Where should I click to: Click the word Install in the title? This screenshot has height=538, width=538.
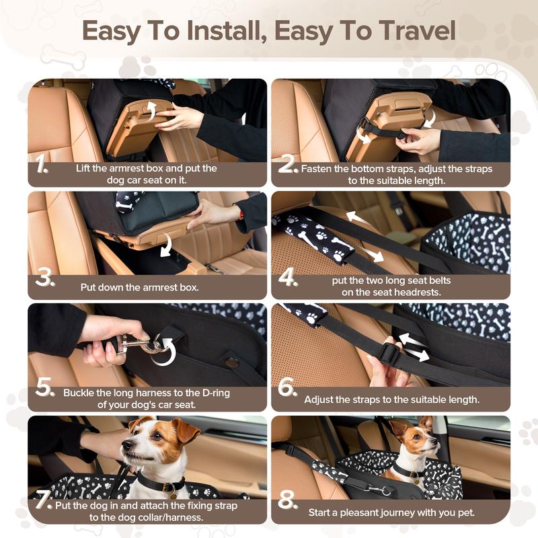[227, 31]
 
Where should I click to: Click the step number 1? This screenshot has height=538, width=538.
[42, 163]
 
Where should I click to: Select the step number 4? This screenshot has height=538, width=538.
[288, 276]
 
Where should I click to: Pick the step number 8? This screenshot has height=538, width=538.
[288, 500]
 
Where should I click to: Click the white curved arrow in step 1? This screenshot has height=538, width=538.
[150, 110]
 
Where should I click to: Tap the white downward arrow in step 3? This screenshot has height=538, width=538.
[166, 245]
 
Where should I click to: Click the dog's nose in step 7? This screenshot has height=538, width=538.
[126, 445]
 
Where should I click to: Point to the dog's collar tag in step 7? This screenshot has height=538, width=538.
[173, 496]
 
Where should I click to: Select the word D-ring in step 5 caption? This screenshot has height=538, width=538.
[216, 393]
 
